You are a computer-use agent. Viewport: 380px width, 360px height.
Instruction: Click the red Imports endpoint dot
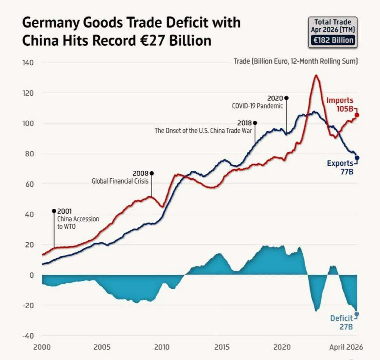click(x=357, y=115)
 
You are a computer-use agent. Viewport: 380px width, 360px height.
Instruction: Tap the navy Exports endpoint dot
click(x=357, y=158)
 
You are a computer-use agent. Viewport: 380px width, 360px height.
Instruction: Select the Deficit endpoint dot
click(x=357, y=314)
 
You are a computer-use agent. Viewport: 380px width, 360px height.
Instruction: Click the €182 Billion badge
click(x=333, y=40)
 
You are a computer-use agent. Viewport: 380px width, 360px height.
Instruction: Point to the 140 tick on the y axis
click(x=28, y=63)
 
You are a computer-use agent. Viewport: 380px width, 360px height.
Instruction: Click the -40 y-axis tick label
click(x=28, y=336)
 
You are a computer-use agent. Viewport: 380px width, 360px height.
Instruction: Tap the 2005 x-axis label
click(x=102, y=347)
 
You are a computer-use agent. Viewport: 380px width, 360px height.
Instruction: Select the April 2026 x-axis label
click(x=346, y=347)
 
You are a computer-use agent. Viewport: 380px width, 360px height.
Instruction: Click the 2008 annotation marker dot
click(x=152, y=173)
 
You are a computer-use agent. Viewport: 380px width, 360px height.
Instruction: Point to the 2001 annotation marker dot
click(x=54, y=211)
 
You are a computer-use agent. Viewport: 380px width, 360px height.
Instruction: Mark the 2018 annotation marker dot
click(x=255, y=123)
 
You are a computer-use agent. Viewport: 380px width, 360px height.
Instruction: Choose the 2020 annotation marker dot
click(x=287, y=98)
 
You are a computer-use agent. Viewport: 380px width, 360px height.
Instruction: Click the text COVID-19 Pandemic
click(x=258, y=106)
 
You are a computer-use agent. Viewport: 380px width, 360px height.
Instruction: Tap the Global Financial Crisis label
click(x=120, y=181)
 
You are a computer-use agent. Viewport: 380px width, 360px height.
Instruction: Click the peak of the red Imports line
click(x=316, y=75)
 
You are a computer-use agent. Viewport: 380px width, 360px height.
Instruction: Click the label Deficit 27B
click(x=342, y=322)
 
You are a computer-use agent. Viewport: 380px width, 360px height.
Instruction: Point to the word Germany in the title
click(x=51, y=23)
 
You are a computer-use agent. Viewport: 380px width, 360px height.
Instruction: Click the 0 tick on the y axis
click(x=32, y=275)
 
